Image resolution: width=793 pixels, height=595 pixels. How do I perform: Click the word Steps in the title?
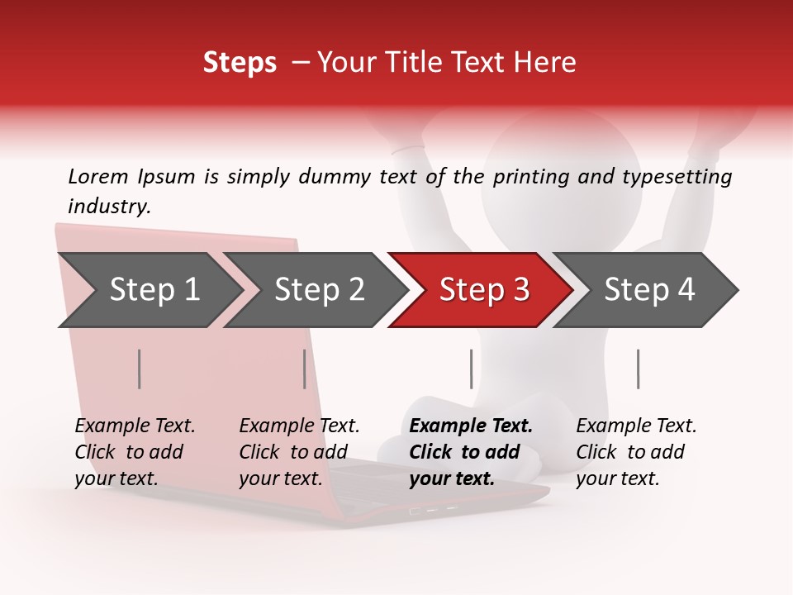[240, 63]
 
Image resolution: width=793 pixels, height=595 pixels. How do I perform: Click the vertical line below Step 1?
[140, 369]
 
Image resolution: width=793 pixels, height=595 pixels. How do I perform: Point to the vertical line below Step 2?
[305, 369]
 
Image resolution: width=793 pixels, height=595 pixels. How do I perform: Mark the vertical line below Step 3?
[472, 369]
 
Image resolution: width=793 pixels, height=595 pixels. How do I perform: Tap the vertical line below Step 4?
[639, 369]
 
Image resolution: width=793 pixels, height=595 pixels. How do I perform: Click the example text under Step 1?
[135, 452]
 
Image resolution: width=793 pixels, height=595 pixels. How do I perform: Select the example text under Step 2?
[299, 452]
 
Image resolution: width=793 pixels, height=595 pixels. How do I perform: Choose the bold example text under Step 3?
[471, 452]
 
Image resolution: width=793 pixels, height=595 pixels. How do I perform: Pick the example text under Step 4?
[636, 452]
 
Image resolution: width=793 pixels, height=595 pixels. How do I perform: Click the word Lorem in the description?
[97, 176]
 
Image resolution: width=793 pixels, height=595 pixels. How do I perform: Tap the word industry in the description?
[109, 207]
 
